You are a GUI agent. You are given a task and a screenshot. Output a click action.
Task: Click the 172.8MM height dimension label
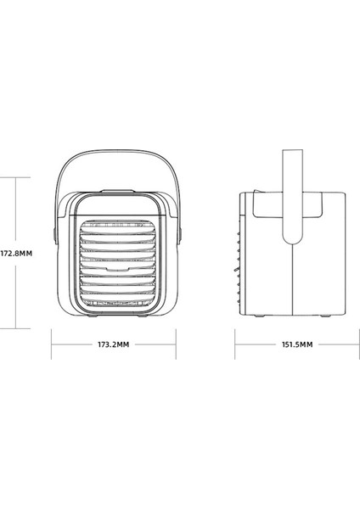[16, 253]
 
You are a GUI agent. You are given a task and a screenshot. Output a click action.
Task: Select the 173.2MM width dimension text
[113, 345]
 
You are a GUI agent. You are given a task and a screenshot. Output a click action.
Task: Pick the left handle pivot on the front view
[55, 229]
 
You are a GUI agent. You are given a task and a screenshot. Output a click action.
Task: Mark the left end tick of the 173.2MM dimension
[53, 345]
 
